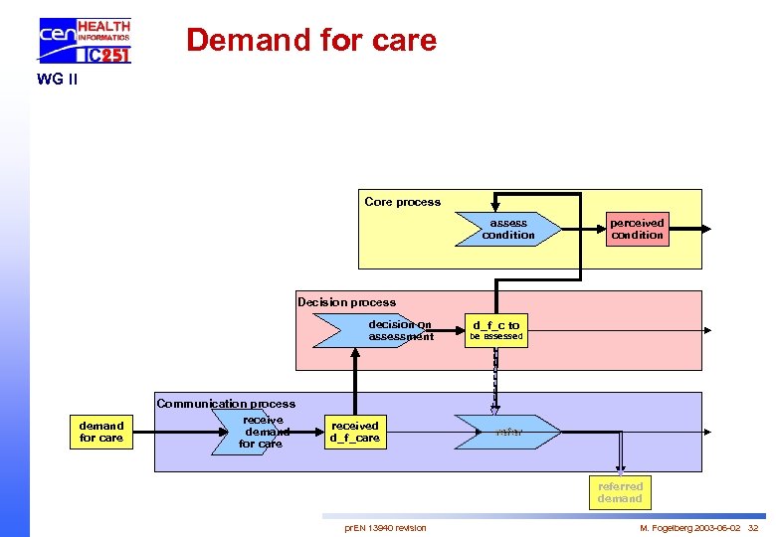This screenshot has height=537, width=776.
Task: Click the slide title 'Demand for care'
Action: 311,40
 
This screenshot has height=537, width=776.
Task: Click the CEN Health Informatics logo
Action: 85,41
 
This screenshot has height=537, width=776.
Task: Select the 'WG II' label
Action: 57,80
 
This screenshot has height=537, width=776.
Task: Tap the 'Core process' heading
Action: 402,202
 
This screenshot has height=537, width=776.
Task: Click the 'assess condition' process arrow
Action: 507,229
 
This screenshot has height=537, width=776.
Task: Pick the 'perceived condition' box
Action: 637,229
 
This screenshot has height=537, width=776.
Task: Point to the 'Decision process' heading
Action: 346,302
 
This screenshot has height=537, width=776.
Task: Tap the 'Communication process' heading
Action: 226,404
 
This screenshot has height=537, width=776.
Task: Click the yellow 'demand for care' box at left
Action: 101,432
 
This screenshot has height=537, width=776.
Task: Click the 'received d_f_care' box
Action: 355,432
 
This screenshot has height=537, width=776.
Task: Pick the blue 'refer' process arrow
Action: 507,432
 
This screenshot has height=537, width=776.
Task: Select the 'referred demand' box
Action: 620,492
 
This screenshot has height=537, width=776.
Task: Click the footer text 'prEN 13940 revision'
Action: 385,528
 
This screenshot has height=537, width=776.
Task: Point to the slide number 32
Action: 753,528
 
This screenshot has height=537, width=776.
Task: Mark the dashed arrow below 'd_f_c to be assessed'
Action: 494,378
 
